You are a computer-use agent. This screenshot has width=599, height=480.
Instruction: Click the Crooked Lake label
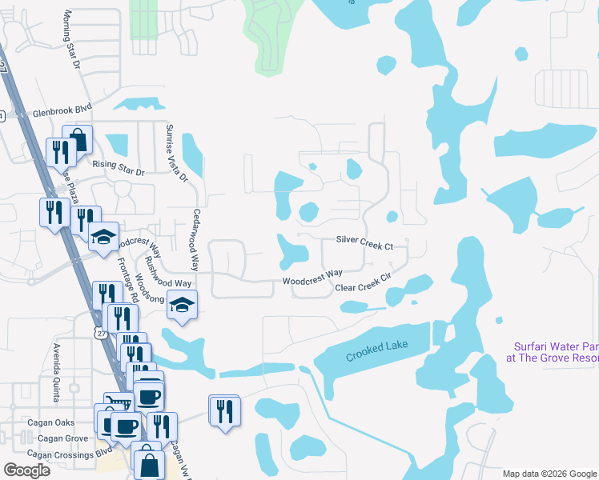click(x=377, y=350)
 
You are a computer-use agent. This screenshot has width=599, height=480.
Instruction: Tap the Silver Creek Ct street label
click(x=364, y=241)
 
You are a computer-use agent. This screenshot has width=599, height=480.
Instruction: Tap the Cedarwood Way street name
click(x=195, y=239)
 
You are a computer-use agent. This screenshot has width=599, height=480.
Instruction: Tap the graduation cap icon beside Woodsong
click(x=183, y=306)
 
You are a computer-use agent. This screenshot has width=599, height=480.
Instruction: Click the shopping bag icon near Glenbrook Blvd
click(x=78, y=141)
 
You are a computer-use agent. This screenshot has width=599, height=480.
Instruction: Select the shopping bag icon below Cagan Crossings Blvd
click(x=149, y=462)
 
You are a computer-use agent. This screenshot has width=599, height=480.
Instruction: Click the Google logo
click(x=26, y=470)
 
